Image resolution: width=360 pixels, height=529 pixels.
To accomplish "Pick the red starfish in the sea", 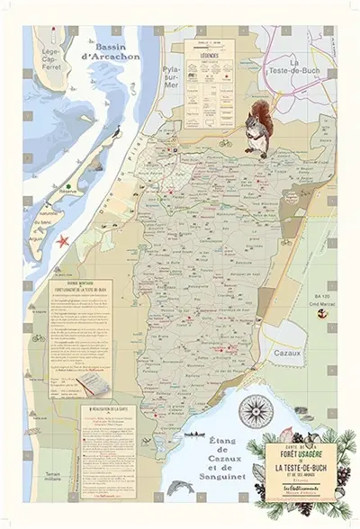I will pos(64,240).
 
